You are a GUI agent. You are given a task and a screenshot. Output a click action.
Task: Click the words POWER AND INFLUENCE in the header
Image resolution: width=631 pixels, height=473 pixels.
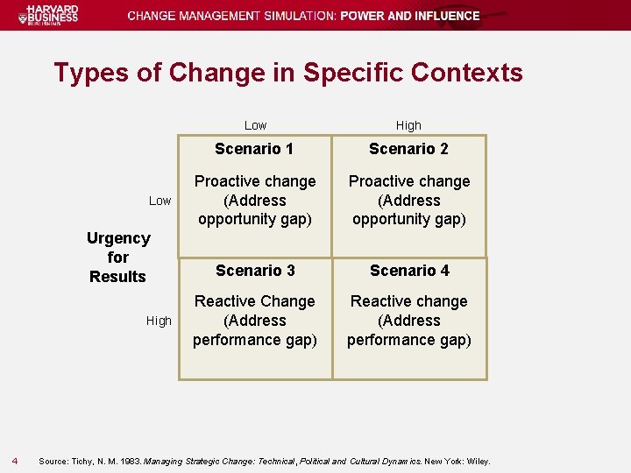(x=410, y=16)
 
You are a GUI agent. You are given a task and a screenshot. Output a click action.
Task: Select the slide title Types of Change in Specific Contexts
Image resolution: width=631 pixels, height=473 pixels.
(x=287, y=72)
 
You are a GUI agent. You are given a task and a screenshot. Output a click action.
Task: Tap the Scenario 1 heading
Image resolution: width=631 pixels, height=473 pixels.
(x=254, y=149)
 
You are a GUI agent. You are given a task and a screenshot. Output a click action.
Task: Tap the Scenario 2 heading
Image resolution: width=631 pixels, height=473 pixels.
(x=408, y=149)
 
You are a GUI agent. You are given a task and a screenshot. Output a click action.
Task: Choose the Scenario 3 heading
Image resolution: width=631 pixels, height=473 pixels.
(x=254, y=271)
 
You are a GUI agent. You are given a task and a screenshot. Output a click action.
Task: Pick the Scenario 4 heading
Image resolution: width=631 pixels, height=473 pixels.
(x=409, y=271)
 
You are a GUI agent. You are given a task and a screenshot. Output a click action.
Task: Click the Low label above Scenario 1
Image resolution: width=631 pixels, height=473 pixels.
(x=255, y=125)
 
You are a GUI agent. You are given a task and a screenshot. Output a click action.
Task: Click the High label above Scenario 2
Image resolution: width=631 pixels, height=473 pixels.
(x=408, y=125)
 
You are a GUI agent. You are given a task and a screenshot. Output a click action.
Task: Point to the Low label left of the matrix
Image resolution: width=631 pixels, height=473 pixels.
(x=160, y=201)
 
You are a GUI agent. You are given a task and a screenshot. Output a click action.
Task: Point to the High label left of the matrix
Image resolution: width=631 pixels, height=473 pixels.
(x=159, y=321)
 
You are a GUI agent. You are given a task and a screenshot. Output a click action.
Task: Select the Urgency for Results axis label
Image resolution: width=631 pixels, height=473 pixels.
(x=118, y=258)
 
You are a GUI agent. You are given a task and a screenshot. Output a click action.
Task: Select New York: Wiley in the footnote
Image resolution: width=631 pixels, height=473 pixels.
(x=457, y=462)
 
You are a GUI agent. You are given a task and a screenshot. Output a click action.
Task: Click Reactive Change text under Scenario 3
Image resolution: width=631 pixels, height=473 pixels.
(x=254, y=301)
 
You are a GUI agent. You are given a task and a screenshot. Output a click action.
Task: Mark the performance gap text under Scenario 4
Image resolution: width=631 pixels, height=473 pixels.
(x=409, y=340)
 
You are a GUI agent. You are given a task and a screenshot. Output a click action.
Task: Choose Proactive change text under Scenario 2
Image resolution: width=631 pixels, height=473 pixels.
(x=409, y=181)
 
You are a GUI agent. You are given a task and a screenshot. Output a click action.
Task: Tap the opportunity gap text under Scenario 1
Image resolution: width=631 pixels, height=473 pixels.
(x=254, y=219)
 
